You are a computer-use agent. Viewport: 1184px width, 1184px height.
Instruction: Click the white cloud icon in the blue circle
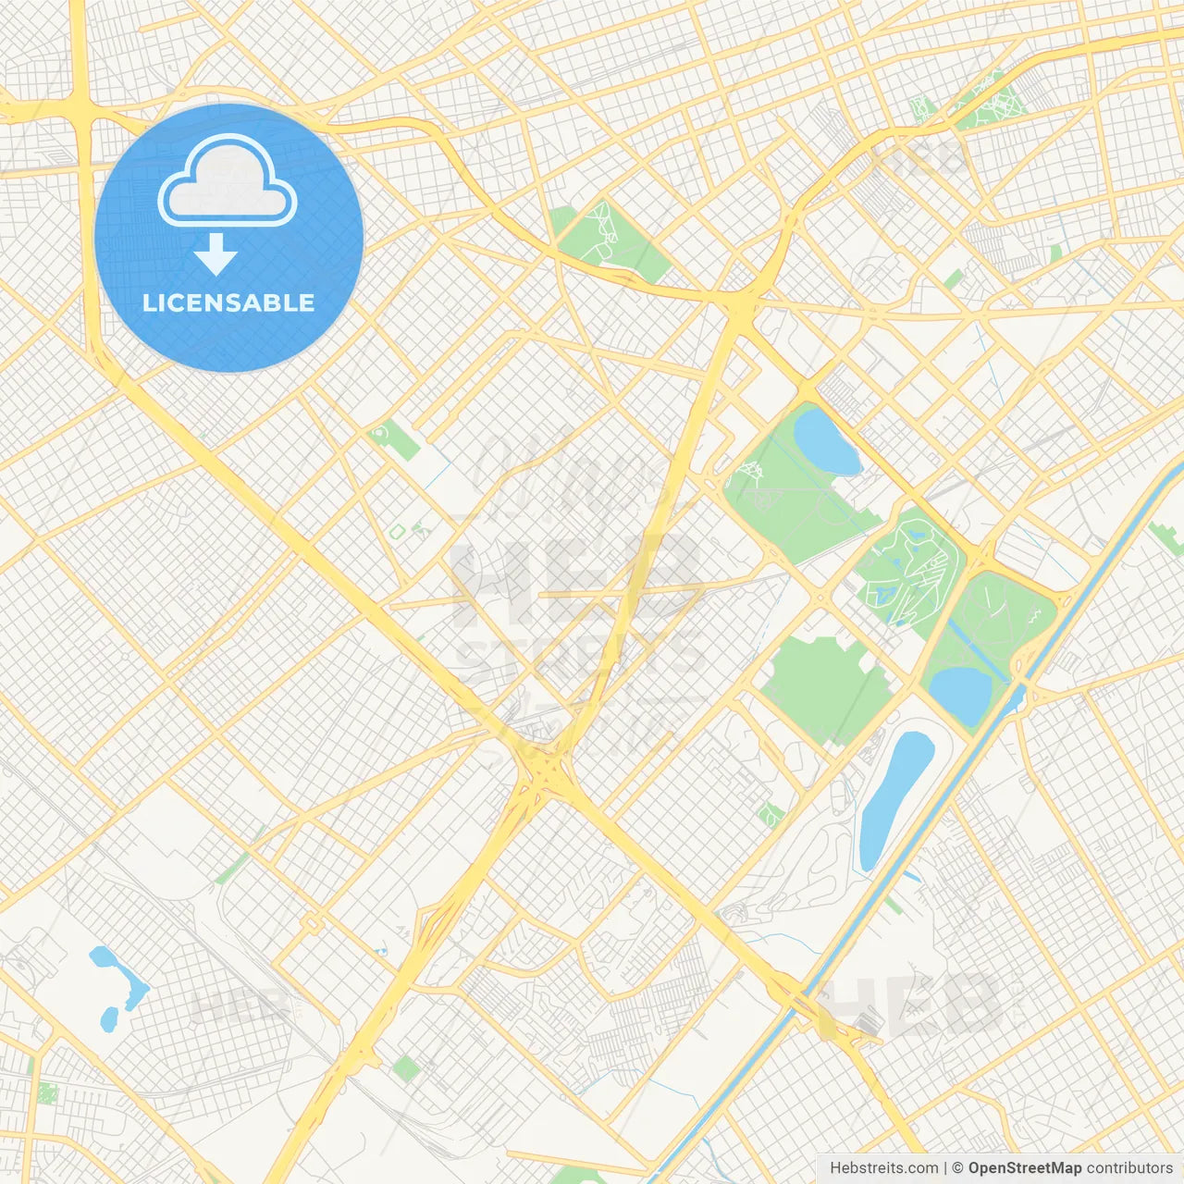tap(228, 182)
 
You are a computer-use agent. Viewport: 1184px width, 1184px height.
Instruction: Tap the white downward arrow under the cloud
tap(216, 254)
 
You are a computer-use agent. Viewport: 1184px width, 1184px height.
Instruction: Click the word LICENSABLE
tap(228, 303)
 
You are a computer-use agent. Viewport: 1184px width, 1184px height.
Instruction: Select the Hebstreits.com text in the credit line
tap(883, 1168)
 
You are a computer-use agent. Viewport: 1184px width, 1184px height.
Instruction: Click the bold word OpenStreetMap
tap(1025, 1168)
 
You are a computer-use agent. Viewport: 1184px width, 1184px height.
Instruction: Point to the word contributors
tap(1129, 1168)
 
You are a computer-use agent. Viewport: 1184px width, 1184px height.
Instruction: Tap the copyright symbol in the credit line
tap(958, 1168)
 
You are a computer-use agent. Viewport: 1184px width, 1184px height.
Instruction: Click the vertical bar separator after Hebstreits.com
tap(945, 1168)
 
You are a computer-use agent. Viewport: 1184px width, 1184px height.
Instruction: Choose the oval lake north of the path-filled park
tap(825, 441)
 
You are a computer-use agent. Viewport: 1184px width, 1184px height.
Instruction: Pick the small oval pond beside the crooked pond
tap(109, 1018)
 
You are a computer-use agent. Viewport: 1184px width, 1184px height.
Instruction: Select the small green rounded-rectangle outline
tap(398, 531)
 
